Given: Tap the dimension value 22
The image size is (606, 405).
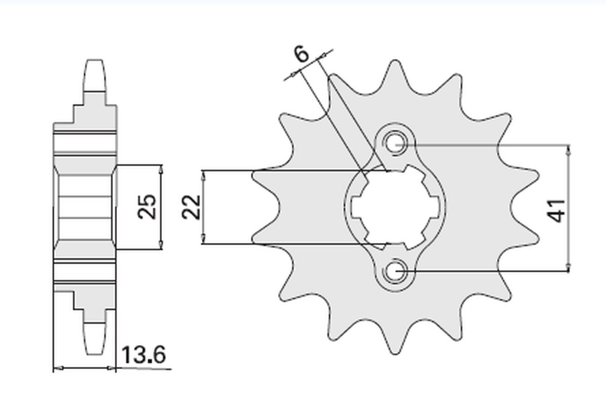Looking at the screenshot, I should point(192,207).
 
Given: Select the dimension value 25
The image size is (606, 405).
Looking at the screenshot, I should point(148,207).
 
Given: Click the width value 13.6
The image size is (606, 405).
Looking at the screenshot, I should point(144,356).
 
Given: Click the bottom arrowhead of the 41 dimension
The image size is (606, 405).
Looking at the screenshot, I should point(570,267).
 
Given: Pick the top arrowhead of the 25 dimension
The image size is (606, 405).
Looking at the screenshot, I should point(160,169).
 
